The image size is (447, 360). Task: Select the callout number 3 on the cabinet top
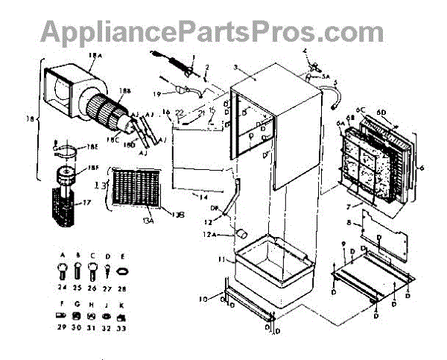tap(235, 67)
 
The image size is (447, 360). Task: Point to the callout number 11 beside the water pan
tap(221, 260)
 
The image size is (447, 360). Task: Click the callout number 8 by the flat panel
tap(349, 221)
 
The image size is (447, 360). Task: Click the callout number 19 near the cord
tap(157, 94)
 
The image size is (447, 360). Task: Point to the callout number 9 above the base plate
tap(342, 244)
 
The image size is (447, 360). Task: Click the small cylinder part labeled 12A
tap(242, 234)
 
